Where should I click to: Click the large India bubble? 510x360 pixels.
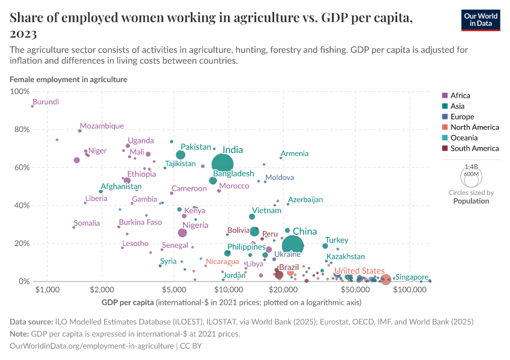223,163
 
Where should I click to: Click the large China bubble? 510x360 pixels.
292,245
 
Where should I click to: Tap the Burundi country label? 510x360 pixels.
46,102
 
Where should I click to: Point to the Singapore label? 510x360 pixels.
412,277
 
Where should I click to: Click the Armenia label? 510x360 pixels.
295,154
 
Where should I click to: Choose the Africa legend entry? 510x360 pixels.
460,95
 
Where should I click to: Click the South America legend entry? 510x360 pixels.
473,148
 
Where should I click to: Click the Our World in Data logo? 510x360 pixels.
481,20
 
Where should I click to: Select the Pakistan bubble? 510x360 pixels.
181,155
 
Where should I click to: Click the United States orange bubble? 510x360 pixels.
386,280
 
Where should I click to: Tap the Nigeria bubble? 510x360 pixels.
182,233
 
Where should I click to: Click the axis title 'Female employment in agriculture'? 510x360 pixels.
68,79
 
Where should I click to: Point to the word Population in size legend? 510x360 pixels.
471,201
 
